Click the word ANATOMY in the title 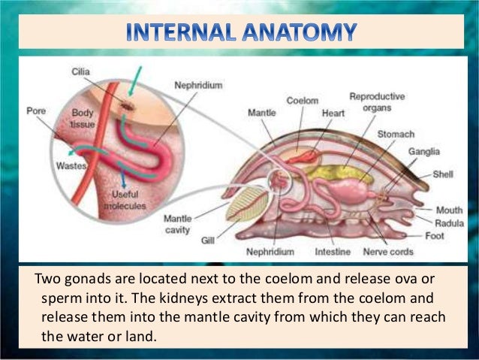[x=300, y=33]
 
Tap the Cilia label [x=81, y=72]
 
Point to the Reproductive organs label [x=377, y=101]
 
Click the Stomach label [x=395, y=134]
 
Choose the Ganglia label [x=423, y=152]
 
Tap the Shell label [x=443, y=174]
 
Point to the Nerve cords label [x=388, y=252]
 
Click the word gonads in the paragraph [x=82, y=280]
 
